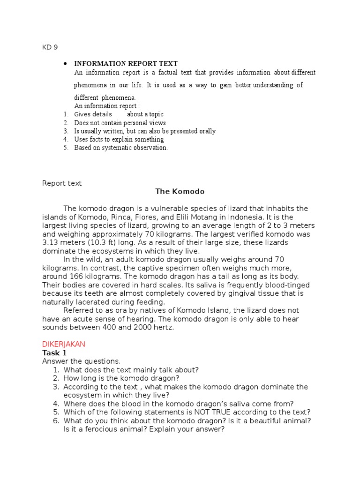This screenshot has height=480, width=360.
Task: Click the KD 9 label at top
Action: tap(50, 47)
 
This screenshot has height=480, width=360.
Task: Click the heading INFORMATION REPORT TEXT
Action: tap(126, 63)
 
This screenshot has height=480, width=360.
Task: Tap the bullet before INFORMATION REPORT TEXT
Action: tap(66, 63)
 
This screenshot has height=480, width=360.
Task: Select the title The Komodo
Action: tap(180, 192)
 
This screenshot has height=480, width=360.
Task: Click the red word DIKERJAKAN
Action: tap(64, 344)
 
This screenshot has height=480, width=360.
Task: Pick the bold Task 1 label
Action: tap(54, 352)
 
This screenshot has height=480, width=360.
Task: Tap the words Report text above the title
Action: tap(62, 183)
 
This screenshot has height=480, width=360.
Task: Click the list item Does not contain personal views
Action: tap(120, 122)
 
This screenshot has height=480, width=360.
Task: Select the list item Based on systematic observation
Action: tap(120, 148)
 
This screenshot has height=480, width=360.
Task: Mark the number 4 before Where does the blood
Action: tap(55, 404)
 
